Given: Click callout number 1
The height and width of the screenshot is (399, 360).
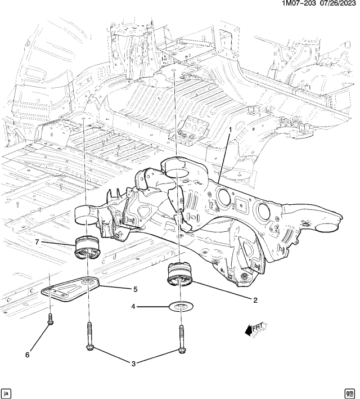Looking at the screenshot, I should point(229,130).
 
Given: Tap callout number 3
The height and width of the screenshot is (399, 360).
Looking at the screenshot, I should point(134,364).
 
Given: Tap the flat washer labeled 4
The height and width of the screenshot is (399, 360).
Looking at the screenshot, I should point(179,307).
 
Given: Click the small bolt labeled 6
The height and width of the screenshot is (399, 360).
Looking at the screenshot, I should point(51,320).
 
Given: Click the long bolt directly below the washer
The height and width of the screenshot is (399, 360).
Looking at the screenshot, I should point(181,340).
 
